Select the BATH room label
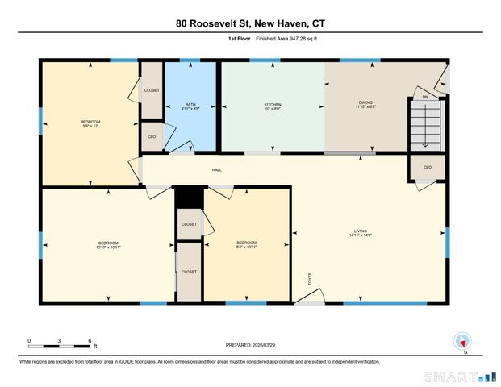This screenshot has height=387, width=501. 190,105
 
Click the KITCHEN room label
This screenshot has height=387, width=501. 273,105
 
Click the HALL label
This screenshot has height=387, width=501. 217,170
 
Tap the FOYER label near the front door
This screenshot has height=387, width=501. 310,280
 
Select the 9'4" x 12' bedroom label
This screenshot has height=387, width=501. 91,123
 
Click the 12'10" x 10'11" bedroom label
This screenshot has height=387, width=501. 109,245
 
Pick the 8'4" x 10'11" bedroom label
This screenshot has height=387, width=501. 246,245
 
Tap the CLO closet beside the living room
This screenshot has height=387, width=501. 428,167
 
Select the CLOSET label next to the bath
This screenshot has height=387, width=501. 152,90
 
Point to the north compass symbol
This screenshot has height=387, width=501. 462,342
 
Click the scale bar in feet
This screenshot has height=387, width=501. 61,346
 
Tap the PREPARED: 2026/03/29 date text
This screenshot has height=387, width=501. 250,344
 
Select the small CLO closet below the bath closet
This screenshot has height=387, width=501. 151,136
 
